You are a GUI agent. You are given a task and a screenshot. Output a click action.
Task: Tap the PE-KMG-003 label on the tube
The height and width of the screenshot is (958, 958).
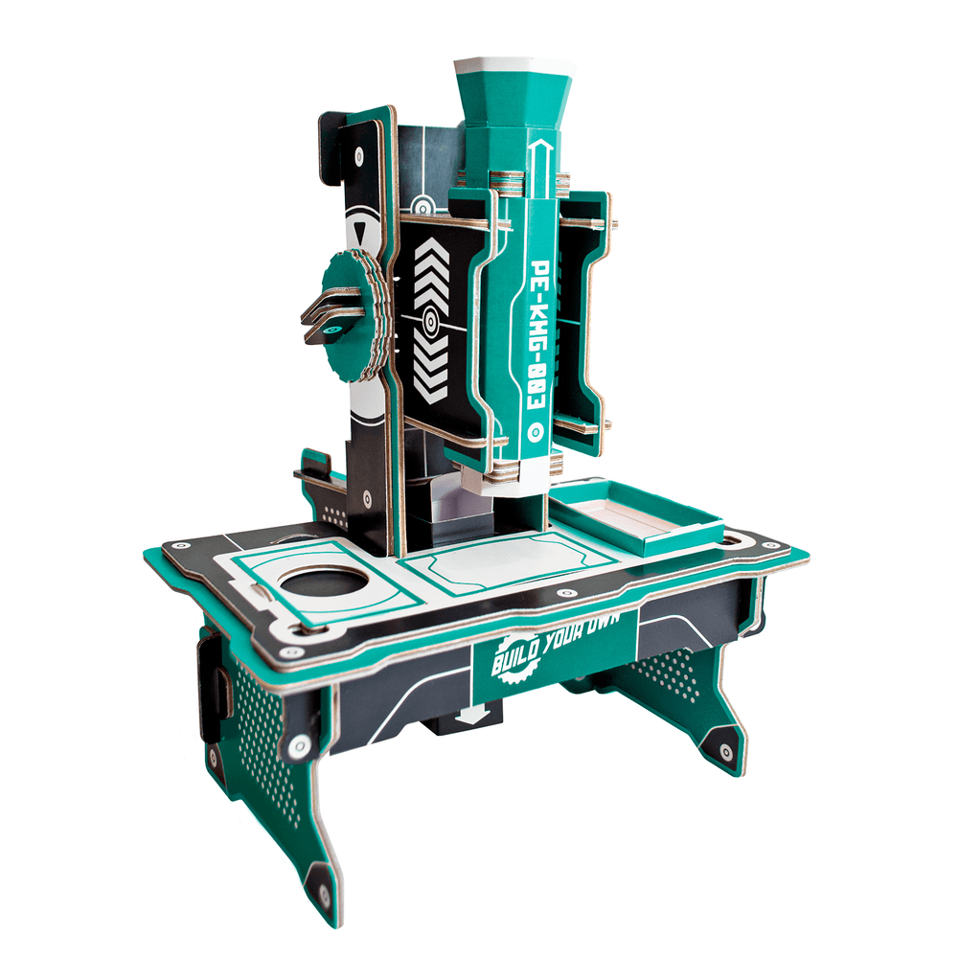coord(539,330)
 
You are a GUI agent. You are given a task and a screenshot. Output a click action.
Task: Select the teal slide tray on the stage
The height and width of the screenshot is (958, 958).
coord(637,518)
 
